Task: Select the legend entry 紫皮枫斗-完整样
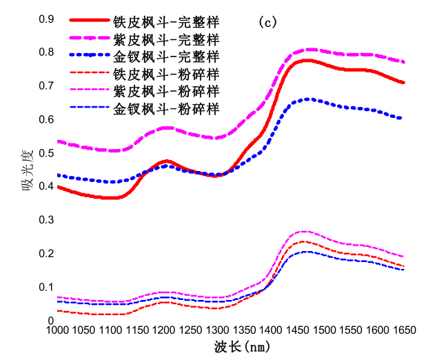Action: click(x=166, y=39)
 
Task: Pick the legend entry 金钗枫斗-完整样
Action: click(x=166, y=56)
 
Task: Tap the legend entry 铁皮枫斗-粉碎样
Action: click(x=166, y=73)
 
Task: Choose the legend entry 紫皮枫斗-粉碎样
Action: click(x=166, y=90)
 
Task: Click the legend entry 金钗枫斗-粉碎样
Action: click(x=166, y=108)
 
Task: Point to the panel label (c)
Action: click(x=267, y=22)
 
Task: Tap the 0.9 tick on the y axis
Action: click(x=45, y=19)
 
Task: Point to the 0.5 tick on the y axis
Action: click(x=45, y=152)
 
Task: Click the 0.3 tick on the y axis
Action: click(x=45, y=219)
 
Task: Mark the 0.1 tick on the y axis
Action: click(x=45, y=287)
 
